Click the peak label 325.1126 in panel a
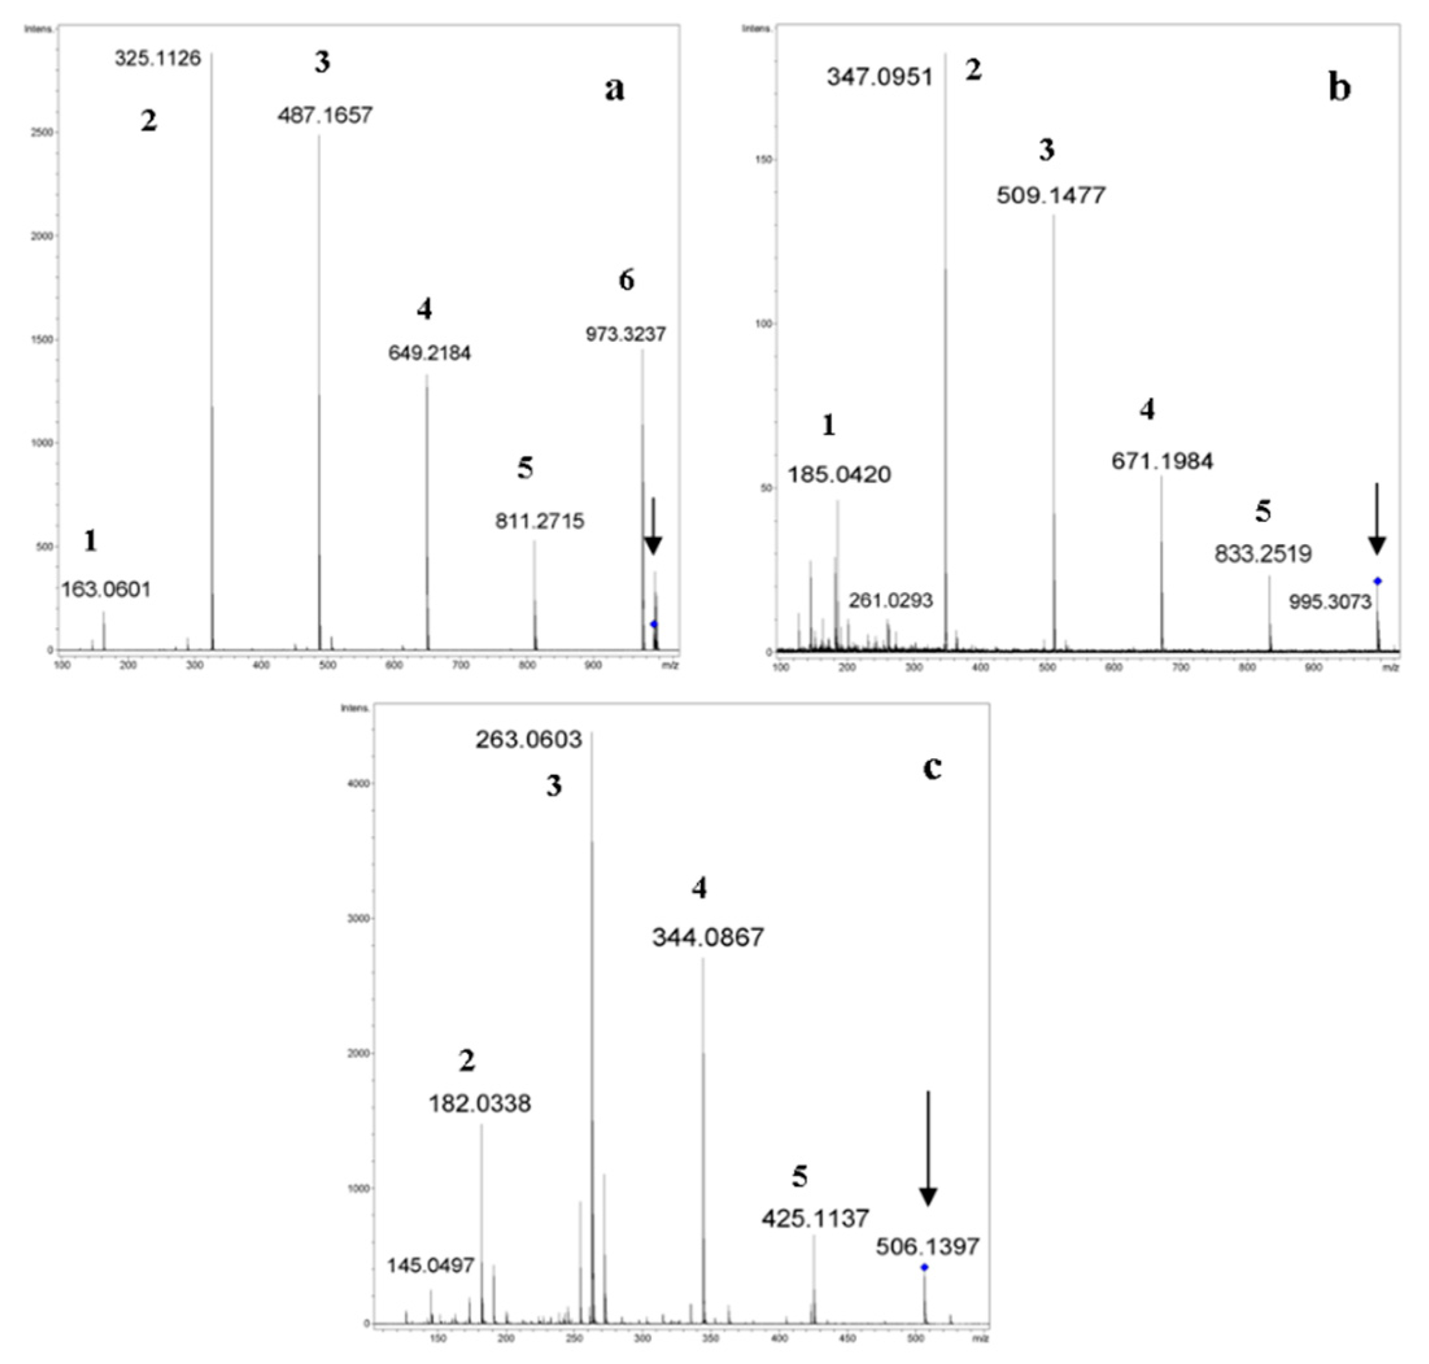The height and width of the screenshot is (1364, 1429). [x=157, y=58]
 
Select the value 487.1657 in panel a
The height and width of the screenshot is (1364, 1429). [x=324, y=115]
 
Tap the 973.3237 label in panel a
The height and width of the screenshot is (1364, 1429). [x=625, y=335]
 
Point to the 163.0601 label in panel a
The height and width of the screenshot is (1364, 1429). [x=106, y=589]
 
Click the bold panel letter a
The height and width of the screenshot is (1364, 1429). [x=614, y=89]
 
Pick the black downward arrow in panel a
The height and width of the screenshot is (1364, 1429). [x=653, y=527]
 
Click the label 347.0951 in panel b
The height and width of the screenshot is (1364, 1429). [x=879, y=77]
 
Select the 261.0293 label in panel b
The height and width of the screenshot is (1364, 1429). [x=890, y=601]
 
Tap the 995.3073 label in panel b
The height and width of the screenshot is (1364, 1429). [x=1329, y=601]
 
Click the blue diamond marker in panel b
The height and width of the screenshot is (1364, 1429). [x=1376, y=581]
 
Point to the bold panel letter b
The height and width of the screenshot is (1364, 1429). [x=1339, y=88]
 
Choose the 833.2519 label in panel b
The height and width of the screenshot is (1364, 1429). [x=1262, y=554]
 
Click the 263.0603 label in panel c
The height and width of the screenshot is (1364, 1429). [x=529, y=739]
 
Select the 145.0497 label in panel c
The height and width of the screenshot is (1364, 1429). [x=430, y=1266]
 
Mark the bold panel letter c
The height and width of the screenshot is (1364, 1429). [x=931, y=767]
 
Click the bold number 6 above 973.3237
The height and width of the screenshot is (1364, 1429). [x=626, y=280]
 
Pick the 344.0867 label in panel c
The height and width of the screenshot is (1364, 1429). [x=707, y=937]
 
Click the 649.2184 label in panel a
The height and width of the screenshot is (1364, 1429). [x=429, y=353]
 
